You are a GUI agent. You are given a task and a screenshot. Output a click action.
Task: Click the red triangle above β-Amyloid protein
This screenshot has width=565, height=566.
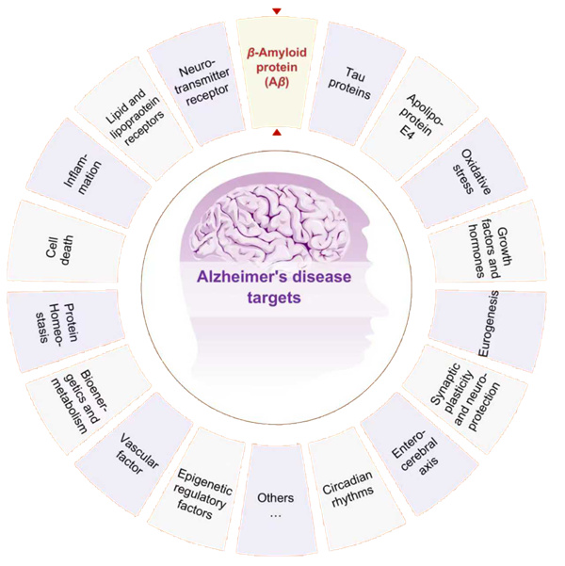(x=276, y=10)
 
